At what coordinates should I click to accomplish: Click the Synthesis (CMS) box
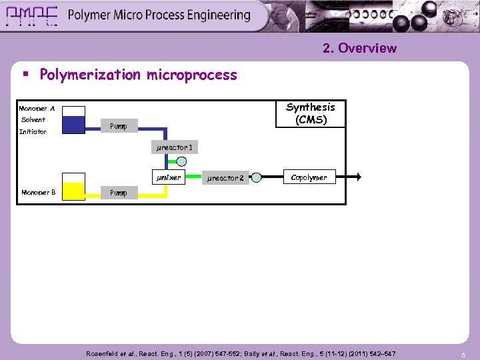pos(311,113)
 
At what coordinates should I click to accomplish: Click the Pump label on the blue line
pos(119,125)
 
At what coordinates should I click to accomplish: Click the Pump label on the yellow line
pos(118,193)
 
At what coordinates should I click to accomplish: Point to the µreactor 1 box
pos(175,147)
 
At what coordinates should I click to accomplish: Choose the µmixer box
pos(168,177)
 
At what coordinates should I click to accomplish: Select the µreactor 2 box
pos(227,178)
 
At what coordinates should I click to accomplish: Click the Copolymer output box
pos(309,177)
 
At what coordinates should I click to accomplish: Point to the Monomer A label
pos(37,108)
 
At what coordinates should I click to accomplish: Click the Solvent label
pos(33,120)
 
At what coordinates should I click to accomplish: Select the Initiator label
pos(33,131)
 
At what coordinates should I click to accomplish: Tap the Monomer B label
pos(38,193)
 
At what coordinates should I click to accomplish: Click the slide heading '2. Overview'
pos(359,48)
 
